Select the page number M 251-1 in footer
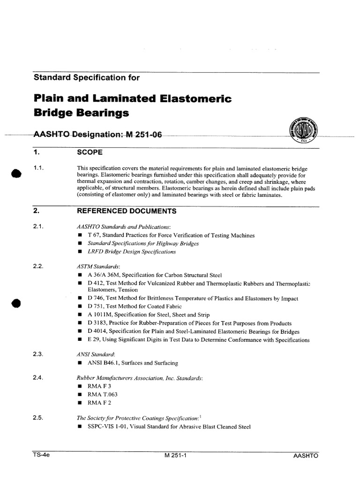(x=176, y=455)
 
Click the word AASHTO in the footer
(x=306, y=455)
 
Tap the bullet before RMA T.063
(x=80, y=394)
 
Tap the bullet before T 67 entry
(x=80, y=235)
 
